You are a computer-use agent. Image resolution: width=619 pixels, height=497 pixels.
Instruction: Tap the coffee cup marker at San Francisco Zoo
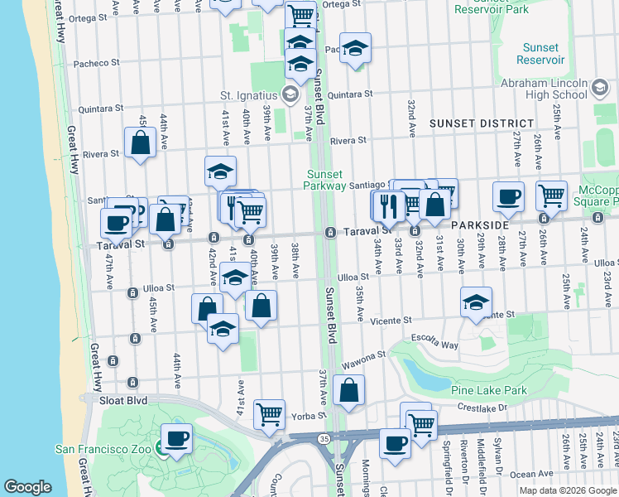pos(175,438)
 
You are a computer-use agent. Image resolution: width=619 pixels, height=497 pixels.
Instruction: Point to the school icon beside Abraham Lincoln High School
pos(599,87)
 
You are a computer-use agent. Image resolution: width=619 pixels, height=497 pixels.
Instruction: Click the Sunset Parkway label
pos(326,180)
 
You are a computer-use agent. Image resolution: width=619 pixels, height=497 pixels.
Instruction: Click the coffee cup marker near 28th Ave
pos(508,197)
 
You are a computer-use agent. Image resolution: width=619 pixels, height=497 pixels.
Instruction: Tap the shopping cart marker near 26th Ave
pos(551,195)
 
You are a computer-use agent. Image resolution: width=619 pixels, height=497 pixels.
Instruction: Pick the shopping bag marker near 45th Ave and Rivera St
pos(140,142)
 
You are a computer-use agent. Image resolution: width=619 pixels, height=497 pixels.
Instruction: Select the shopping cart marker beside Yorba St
pos(269,414)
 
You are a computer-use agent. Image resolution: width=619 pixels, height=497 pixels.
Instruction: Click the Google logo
pos(28,487)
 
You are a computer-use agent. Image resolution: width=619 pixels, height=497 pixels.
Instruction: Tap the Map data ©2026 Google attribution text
pos(568,490)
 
